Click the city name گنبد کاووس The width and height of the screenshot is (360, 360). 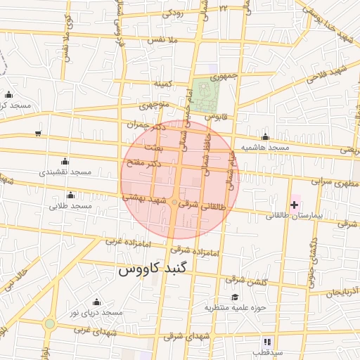pos(150,269)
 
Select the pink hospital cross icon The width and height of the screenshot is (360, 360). pos(294,203)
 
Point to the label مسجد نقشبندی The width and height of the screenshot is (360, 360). pos(66,172)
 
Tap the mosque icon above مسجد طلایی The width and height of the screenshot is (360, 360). pos(70,195)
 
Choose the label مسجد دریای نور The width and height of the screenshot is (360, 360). pos(97,311)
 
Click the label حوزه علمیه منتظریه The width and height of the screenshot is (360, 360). pos(233,307)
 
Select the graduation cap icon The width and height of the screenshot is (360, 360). pos(234,297)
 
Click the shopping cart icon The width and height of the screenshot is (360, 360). pos(37,132)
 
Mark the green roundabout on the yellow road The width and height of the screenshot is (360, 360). pos(49,324)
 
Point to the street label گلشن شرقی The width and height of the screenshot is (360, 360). pos(246,281)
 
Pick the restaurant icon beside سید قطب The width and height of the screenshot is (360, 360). pos(266,341)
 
